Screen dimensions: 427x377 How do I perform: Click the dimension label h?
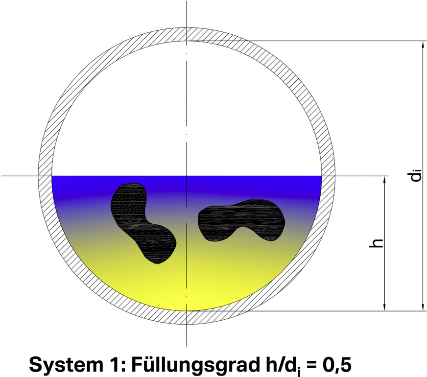click(x=376, y=243)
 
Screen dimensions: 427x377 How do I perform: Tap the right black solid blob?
click(x=241, y=220)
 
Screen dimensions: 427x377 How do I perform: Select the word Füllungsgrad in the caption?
click(x=195, y=365)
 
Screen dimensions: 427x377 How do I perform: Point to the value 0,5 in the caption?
click(x=337, y=364)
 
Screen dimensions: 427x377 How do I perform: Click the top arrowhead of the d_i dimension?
click(x=423, y=45)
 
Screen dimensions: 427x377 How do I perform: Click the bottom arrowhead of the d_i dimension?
click(x=423, y=307)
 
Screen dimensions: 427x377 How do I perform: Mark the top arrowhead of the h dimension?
click(x=384, y=180)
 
